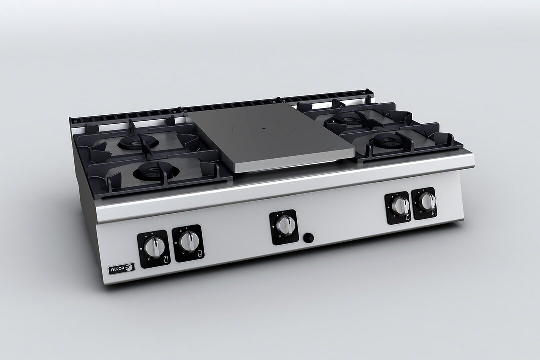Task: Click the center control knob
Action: coord(284,226)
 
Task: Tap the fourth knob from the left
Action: coord(399,206)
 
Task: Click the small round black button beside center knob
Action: coord(309,237)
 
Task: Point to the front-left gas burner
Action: coord(155,171)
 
